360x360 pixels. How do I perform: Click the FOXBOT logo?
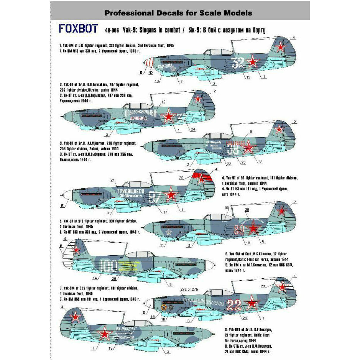[79, 29]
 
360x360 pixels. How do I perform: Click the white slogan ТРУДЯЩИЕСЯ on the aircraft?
[130, 191]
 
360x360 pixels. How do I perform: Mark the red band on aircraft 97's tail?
[203, 177]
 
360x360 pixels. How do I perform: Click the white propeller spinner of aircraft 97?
[67, 195]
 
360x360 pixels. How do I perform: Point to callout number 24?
[192, 129]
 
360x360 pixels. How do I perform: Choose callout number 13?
[249, 77]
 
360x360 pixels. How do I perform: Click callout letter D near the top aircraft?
[151, 72]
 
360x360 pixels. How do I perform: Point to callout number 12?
[164, 102]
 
